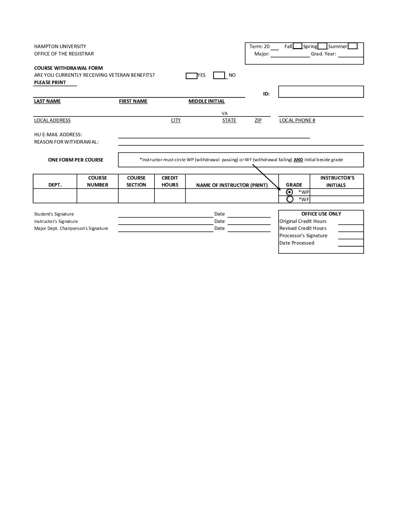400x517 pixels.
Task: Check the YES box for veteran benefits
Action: pyautogui.click(x=192, y=76)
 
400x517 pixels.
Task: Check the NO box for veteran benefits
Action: pyautogui.click(x=219, y=75)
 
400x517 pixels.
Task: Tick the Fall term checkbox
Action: pyautogui.click(x=297, y=46)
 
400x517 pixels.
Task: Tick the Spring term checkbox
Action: pyautogui.click(x=322, y=46)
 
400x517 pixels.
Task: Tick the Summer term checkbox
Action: pyautogui.click(x=352, y=46)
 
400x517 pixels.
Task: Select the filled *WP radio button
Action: pyautogui.click(x=290, y=192)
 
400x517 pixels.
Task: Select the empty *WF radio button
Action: pyautogui.click(x=290, y=199)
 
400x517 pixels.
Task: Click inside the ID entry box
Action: pyautogui.click(x=321, y=92)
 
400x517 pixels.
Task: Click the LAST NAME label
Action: pyautogui.click(x=47, y=101)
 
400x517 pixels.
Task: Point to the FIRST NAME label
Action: pyautogui.click(x=133, y=101)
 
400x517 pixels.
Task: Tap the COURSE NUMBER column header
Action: pyautogui.click(x=97, y=181)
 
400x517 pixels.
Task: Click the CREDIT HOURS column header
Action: pyautogui.click(x=170, y=181)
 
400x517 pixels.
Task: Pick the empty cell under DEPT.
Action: pyautogui.click(x=55, y=196)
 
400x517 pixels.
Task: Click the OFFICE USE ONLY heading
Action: pyautogui.click(x=321, y=214)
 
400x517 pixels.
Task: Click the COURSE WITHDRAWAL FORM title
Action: pyautogui.click(x=68, y=68)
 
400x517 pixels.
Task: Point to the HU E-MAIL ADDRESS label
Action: pyautogui.click(x=58, y=135)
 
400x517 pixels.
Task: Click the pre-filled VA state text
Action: pyautogui.click(x=225, y=113)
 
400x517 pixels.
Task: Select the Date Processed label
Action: pyautogui.click(x=297, y=243)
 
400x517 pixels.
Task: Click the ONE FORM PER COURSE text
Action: pyautogui.click(x=76, y=160)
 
